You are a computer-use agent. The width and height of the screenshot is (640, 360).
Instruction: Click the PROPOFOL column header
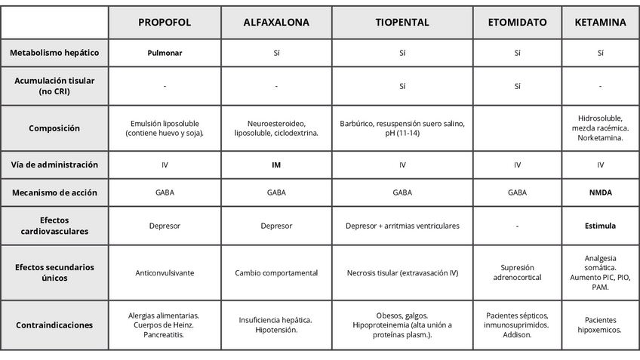pyautogui.click(x=165, y=23)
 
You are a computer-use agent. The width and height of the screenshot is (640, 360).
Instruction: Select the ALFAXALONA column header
pyautogui.click(x=276, y=23)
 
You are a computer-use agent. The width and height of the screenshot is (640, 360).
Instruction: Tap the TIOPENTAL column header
pyautogui.click(x=402, y=23)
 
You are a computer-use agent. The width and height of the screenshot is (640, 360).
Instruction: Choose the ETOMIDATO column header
pyautogui.click(x=517, y=23)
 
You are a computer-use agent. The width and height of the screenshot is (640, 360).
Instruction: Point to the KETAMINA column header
pyautogui.click(x=600, y=23)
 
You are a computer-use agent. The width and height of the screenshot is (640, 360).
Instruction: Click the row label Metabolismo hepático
pyautogui.click(x=54, y=53)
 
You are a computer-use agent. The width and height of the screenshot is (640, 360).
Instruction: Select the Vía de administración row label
pyautogui.click(x=54, y=165)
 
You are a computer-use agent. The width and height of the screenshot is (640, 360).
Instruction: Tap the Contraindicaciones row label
pyautogui.click(x=54, y=325)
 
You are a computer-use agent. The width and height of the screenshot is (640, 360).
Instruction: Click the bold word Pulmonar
pyautogui.click(x=165, y=54)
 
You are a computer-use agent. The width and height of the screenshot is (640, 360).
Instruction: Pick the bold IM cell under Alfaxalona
pyautogui.click(x=276, y=165)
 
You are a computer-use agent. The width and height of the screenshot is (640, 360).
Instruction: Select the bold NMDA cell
pyautogui.click(x=600, y=192)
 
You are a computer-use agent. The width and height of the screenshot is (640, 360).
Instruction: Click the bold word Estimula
pyautogui.click(x=600, y=226)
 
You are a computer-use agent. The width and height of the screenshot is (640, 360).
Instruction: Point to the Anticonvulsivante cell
pyautogui.click(x=165, y=272)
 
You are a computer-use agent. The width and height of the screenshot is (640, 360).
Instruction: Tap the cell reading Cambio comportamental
pyautogui.click(x=276, y=272)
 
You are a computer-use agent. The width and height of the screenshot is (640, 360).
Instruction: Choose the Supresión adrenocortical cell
pyautogui.click(x=517, y=272)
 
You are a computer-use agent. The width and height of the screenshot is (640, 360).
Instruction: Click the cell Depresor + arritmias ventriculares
pyautogui.click(x=402, y=226)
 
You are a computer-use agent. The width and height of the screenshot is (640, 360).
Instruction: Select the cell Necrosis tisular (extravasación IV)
pyautogui.click(x=402, y=272)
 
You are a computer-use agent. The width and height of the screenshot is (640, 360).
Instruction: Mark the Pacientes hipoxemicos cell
pyautogui.click(x=600, y=325)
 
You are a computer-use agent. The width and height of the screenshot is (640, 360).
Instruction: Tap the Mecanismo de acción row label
pyautogui.click(x=54, y=192)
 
